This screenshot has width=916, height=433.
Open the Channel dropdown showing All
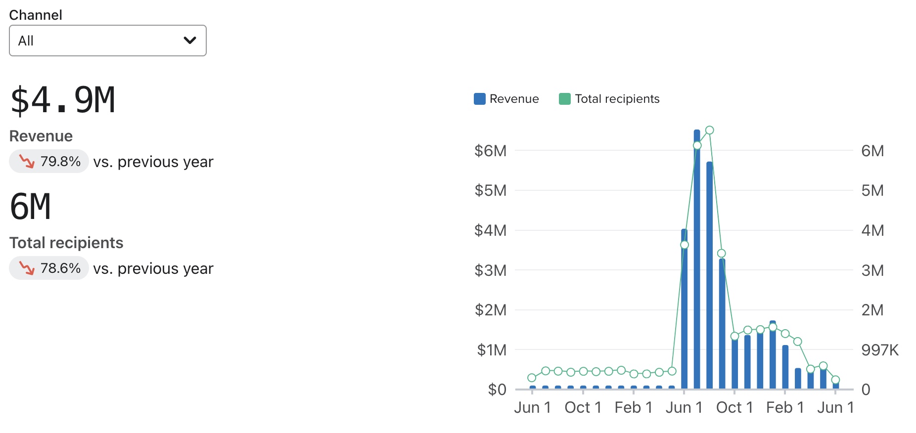coord(107,41)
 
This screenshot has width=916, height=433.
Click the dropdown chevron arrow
coord(190,41)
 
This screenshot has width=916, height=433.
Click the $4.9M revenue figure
coord(63,100)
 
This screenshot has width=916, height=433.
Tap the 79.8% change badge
coord(49,161)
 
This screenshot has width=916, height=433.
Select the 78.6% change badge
coord(49,268)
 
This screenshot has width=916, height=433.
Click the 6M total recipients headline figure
coord(31,207)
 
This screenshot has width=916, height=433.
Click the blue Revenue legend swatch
coord(479,99)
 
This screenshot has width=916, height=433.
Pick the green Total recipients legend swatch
coord(564,99)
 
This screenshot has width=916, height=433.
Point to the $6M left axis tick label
coord(490,151)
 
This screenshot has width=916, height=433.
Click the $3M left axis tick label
coord(490,270)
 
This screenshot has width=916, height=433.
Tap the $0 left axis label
coord(497,390)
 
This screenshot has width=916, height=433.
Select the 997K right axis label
coord(879,350)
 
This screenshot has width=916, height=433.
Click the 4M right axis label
coord(872,230)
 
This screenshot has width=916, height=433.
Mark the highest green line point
coord(710,130)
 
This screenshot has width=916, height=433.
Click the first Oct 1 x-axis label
coord(583,407)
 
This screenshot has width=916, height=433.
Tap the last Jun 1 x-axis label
coord(835,407)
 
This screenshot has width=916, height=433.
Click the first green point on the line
coord(532,378)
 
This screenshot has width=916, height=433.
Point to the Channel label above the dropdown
coord(36,15)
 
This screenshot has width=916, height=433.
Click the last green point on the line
coord(835,380)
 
